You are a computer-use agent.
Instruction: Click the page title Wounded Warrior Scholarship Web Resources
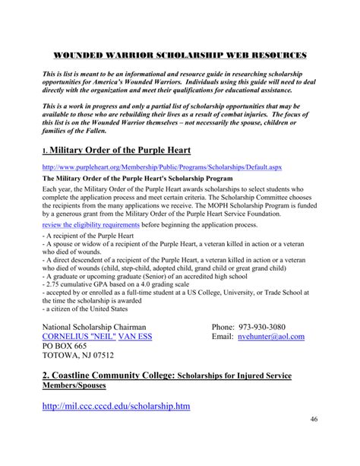tap(181, 55)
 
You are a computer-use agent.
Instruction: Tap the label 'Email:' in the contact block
tap(226, 336)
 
